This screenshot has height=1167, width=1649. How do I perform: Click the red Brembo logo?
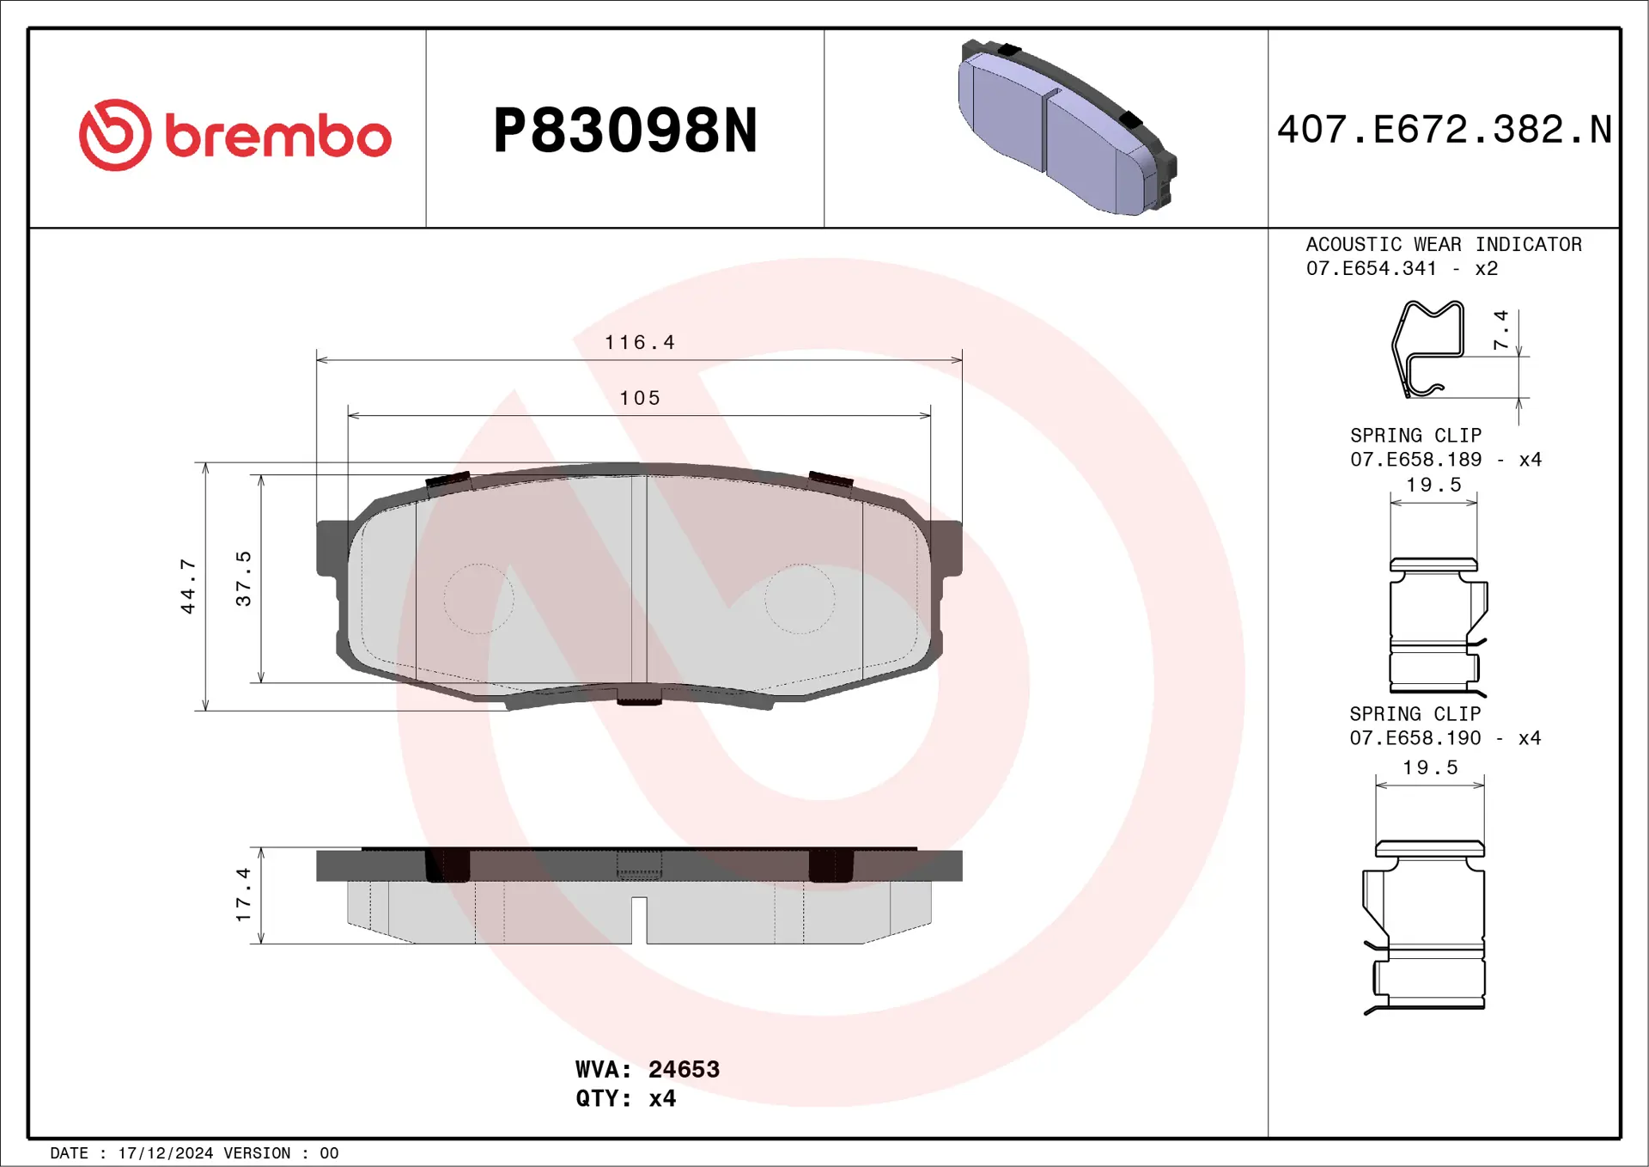(235, 135)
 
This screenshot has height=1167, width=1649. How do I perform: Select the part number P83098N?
(625, 131)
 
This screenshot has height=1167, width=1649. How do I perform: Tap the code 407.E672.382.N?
(1445, 130)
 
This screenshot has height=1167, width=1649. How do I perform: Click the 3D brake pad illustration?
(1068, 126)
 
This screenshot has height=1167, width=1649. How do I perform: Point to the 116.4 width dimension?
(640, 343)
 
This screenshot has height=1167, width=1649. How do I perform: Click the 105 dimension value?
(640, 398)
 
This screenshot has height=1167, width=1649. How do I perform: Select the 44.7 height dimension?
(187, 586)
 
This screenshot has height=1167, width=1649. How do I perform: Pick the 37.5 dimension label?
(243, 579)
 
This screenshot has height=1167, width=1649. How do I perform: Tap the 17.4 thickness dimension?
(243, 895)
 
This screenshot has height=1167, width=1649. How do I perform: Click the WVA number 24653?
(684, 1069)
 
